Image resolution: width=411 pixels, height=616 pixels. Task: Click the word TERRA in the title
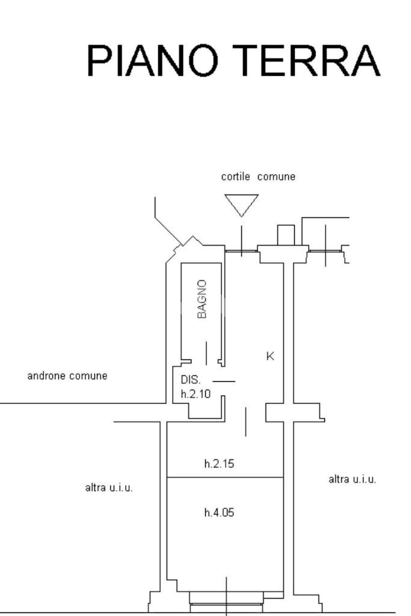point(306,60)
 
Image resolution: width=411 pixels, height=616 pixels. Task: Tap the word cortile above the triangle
point(235,177)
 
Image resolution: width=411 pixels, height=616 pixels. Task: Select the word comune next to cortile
point(276,177)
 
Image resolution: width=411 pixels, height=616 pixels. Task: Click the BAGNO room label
point(202,299)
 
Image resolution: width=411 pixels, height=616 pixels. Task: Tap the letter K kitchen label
point(270,356)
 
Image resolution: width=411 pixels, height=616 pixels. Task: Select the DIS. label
point(190,380)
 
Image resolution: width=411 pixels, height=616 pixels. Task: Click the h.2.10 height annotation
point(196,394)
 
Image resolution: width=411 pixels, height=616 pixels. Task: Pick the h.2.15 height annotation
point(219,464)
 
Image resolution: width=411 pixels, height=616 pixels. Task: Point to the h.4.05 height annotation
point(219,512)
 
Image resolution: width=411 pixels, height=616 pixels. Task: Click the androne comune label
point(67,376)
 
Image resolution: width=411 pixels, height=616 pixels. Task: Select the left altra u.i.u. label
point(109,488)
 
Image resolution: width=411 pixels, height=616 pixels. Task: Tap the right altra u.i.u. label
point(352,479)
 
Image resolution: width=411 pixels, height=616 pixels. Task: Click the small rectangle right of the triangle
point(286,235)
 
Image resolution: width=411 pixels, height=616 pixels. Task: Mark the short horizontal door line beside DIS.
point(224,381)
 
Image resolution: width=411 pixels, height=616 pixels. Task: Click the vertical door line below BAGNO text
point(207,353)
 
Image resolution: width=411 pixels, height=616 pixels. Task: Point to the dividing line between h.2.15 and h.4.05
point(225,478)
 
